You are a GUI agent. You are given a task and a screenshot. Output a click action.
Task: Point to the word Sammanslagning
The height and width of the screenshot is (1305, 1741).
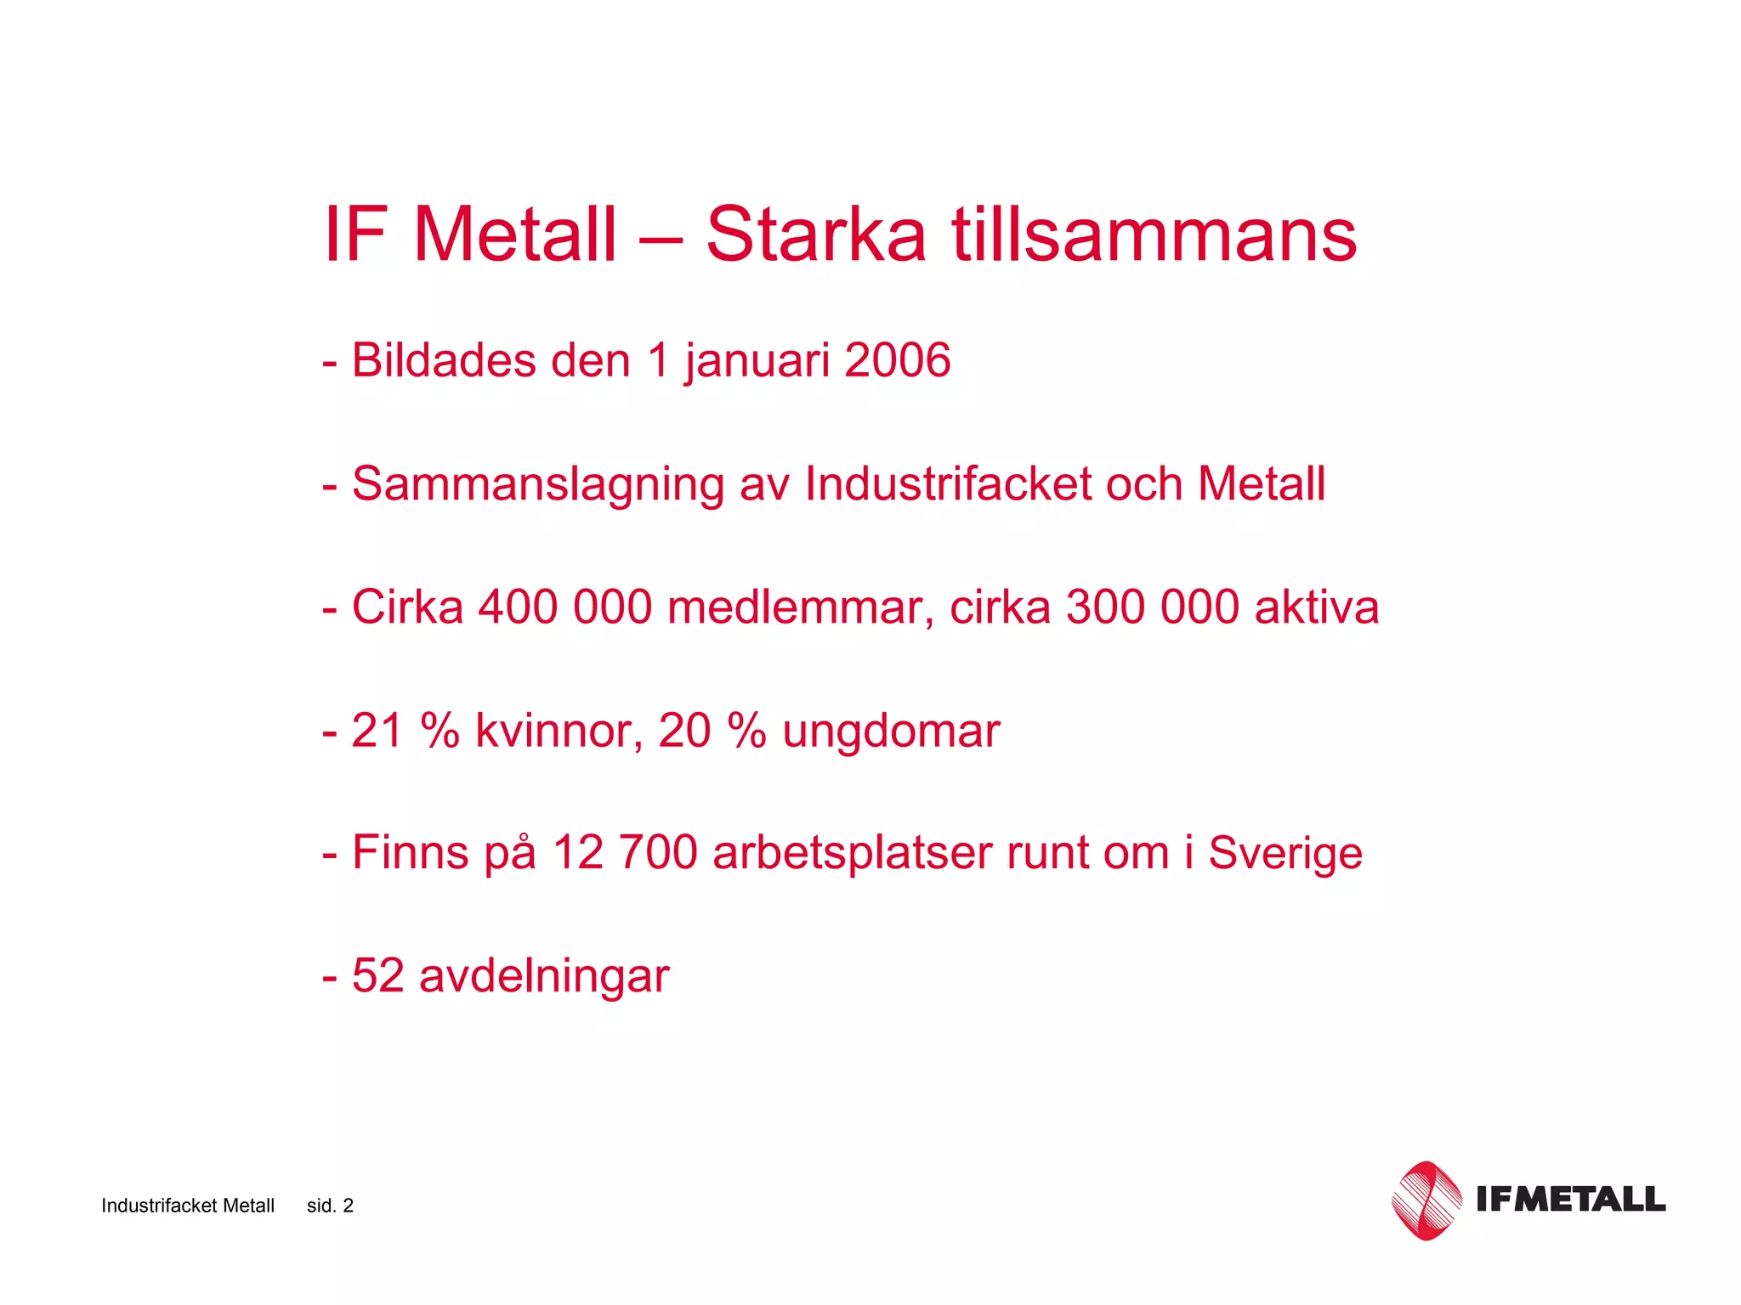point(537,485)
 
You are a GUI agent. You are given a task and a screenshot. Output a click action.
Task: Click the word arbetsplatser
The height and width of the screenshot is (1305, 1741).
point(853,853)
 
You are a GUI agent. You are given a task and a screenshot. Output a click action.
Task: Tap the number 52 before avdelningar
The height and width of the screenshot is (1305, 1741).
point(377,975)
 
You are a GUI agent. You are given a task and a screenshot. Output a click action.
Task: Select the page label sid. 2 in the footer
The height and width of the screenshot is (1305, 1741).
point(330,1206)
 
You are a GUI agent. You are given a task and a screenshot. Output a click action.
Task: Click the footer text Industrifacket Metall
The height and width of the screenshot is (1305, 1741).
point(188,1206)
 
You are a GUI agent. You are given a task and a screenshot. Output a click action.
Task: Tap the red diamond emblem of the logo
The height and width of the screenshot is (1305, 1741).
point(1426,1200)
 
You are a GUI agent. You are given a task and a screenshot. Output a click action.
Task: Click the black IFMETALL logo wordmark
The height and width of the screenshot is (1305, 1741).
point(1570,1199)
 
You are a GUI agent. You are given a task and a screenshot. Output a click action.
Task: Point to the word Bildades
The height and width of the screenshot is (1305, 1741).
point(444,360)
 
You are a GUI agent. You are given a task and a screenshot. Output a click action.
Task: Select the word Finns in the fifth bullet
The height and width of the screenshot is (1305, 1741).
point(410,853)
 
